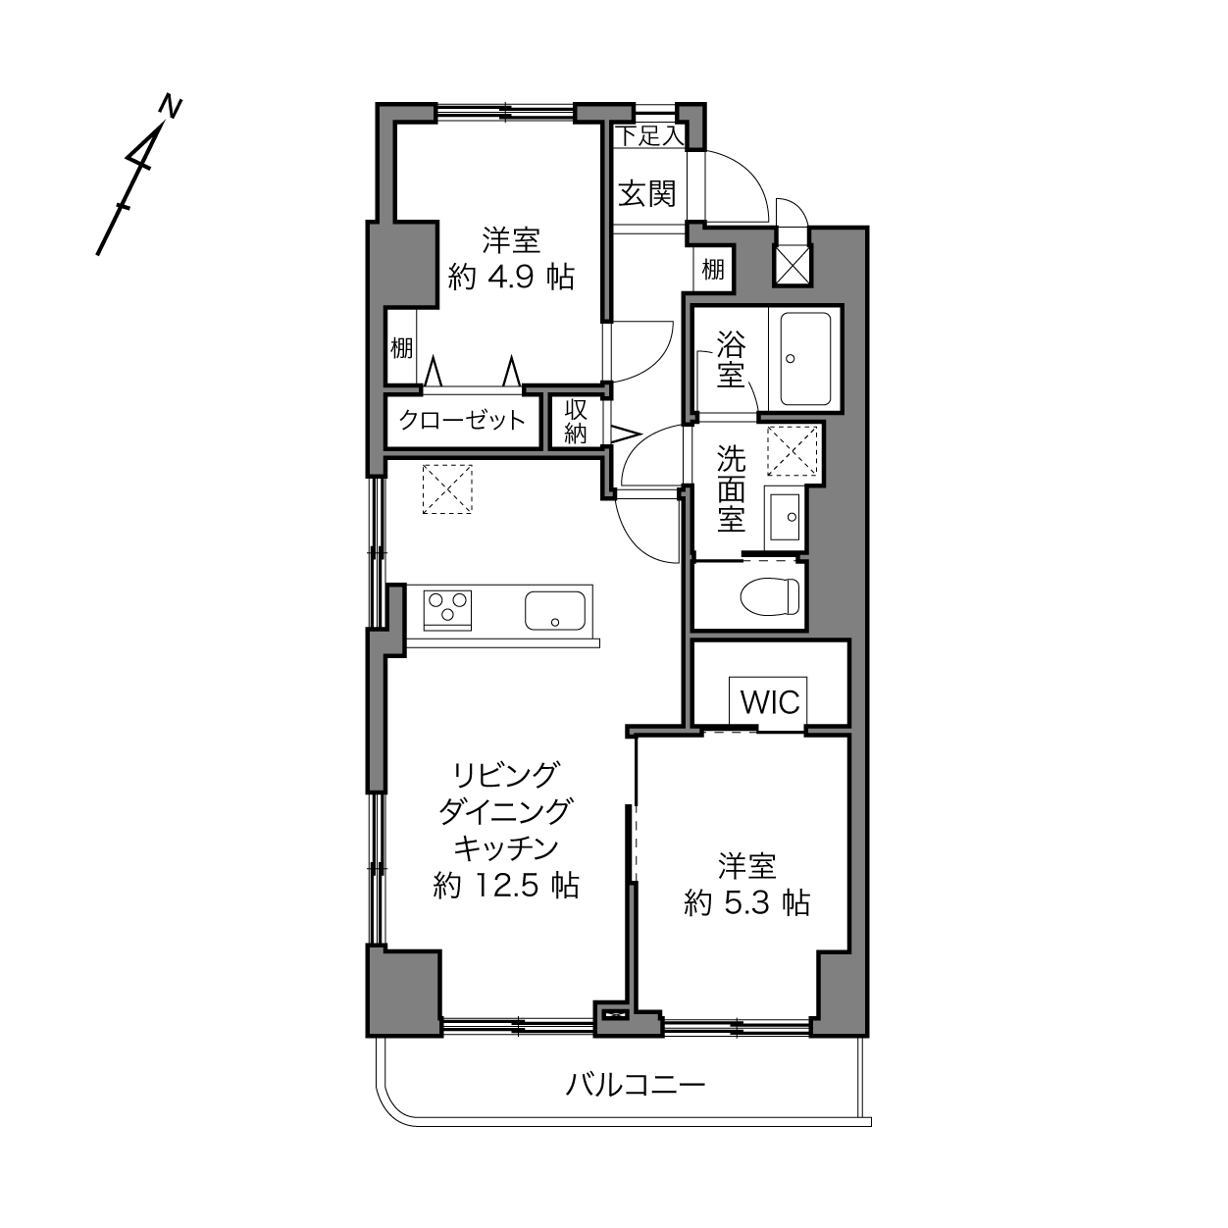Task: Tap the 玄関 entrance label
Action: click(646, 193)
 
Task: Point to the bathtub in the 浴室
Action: click(806, 358)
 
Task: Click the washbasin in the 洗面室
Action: click(784, 516)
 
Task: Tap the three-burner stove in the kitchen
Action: click(447, 609)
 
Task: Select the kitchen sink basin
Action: click(555, 610)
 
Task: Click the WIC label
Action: click(770, 702)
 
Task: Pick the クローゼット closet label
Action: click(462, 420)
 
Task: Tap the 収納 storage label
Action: click(576, 421)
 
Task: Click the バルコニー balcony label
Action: click(636, 1084)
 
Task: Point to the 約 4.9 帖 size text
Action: click(511, 278)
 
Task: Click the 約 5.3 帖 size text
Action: click(746, 903)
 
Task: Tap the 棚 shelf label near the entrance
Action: click(713, 270)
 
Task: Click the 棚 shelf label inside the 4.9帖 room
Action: click(401, 348)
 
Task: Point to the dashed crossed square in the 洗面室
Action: click(793, 450)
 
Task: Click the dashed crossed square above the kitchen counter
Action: click(447, 489)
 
